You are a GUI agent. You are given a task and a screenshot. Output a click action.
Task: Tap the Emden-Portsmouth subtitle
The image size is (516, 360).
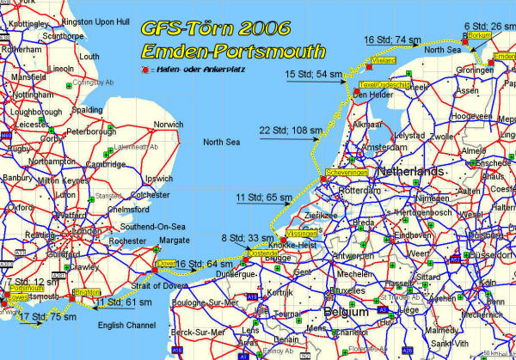tap(234, 51)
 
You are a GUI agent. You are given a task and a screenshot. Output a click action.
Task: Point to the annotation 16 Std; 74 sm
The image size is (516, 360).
tap(392, 40)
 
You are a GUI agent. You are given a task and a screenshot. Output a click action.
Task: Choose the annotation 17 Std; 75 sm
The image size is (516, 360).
tap(46, 317)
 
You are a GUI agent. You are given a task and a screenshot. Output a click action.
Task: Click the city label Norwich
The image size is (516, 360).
tap(169, 125)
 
